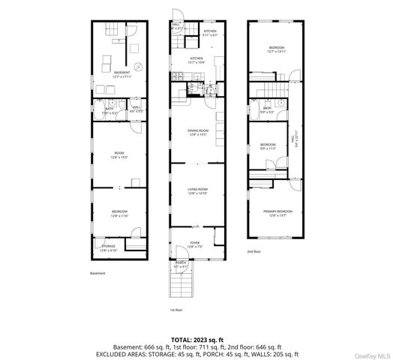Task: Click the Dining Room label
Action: pyautogui.click(x=198, y=132)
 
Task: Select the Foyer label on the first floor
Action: pyautogui.click(x=195, y=243)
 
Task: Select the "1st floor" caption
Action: pyautogui.click(x=176, y=310)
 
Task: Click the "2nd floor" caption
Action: pyautogui.click(x=255, y=252)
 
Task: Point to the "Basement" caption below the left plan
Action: pyautogui.click(x=98, y=274)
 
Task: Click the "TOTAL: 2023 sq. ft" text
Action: pyautogui.click(x=197, y=339)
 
